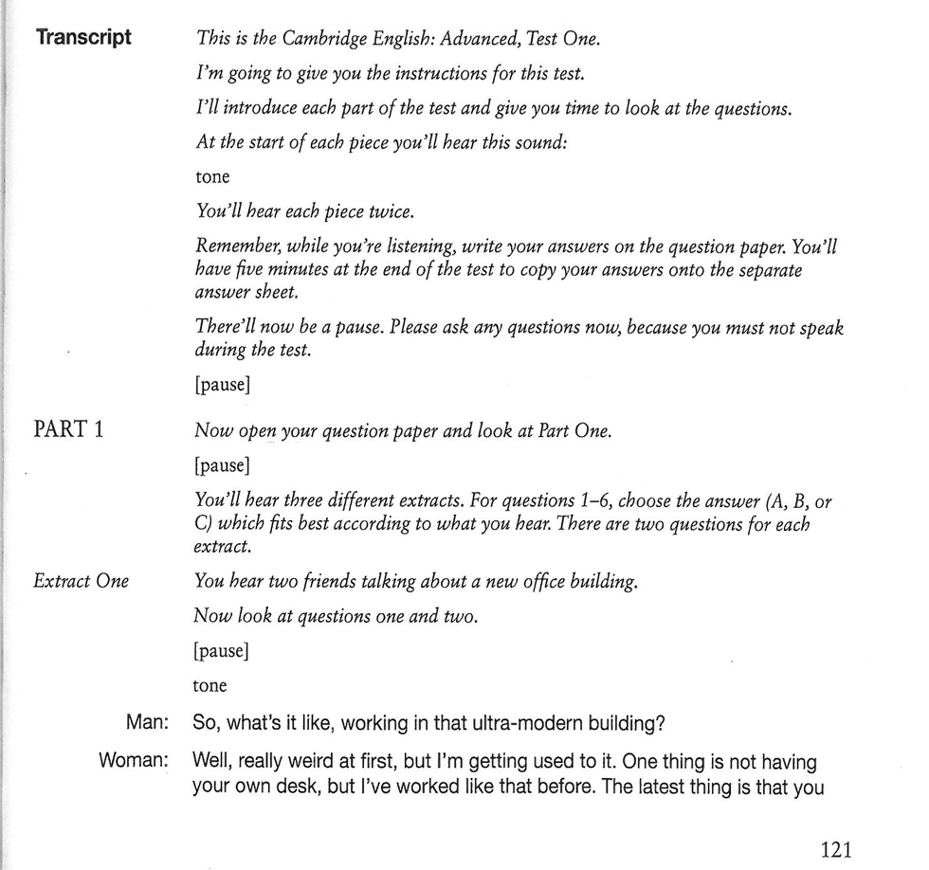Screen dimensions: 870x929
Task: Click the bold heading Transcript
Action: click(82, 39)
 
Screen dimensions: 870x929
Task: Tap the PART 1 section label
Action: click(68, 429)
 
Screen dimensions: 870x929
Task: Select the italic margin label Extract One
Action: click(81, 581)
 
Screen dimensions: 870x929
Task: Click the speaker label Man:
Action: click(146, 723)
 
